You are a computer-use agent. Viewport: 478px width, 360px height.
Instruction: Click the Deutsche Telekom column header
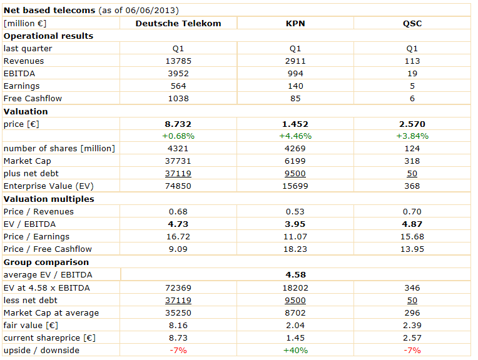click(178, 23)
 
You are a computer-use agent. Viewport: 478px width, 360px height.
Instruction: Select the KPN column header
click(295, 23)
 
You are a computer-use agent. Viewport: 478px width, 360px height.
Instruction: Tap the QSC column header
click(412, 23)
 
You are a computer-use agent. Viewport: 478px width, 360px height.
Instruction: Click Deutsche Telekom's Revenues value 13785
click(178, 61)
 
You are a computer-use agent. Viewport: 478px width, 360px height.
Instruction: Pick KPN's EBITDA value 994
click(295, 73)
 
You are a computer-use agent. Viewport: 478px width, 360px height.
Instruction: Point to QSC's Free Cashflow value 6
click(412, 98)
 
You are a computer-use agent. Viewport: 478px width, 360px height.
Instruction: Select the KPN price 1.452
click(295, 124)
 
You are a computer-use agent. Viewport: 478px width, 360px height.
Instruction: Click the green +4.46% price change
click(295, 136)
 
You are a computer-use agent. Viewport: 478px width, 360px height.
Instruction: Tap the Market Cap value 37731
click(178, 161)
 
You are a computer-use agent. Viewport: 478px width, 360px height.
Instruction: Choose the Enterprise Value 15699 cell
click(295, 186)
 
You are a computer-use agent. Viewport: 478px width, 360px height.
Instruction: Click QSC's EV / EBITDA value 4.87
click(412, 224)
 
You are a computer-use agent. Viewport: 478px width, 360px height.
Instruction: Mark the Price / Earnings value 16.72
click(178, 236)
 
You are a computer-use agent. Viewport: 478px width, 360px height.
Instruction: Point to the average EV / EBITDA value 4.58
click(295, 274)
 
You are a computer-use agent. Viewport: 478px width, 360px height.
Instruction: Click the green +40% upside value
click(295, 350)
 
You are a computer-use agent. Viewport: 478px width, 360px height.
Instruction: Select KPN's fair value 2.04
click(295, 325)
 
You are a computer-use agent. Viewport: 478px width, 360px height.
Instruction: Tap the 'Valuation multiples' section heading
click(49, 199)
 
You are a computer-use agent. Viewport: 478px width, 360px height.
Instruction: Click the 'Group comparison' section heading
click(46, 262)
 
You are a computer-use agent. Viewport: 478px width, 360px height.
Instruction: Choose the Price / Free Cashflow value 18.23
click(295, 249)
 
